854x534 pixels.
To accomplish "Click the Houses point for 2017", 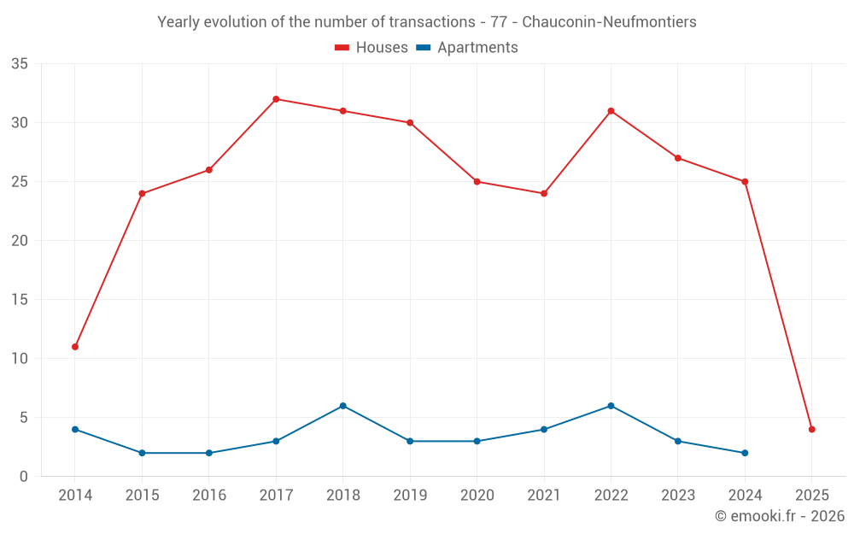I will [276, 99].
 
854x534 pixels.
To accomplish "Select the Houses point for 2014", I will [75, 347].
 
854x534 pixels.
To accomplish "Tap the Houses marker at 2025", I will [811, 430].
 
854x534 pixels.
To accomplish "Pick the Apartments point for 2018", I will [342, 406].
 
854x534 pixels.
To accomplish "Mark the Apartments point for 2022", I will [611, 406].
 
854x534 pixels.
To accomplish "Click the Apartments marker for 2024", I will [745, 453].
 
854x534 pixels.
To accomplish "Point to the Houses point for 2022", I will [611, 111].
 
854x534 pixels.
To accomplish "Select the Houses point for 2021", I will [544, 193].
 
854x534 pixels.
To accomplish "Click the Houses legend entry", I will [371, 48].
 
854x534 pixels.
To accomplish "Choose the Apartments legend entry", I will [467, 48].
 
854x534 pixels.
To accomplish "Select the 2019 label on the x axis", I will [410, 496].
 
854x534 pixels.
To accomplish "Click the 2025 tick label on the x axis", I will [811, 496].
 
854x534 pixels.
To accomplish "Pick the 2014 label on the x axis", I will [75, 496].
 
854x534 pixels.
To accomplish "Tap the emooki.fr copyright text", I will [780, 516].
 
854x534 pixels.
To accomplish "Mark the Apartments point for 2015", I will [142, 453].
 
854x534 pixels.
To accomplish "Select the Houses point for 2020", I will [477, 182].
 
